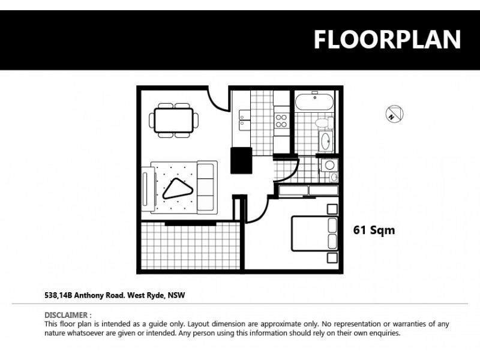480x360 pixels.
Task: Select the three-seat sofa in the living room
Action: pos(207,186)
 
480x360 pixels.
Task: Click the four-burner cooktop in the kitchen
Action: pos(281,121)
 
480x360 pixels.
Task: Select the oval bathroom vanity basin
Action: pos(326,142)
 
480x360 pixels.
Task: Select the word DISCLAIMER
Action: pos(68,314)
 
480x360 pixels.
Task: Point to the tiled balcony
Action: pos(190,246)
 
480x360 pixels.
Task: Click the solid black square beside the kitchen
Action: pos(242,159)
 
